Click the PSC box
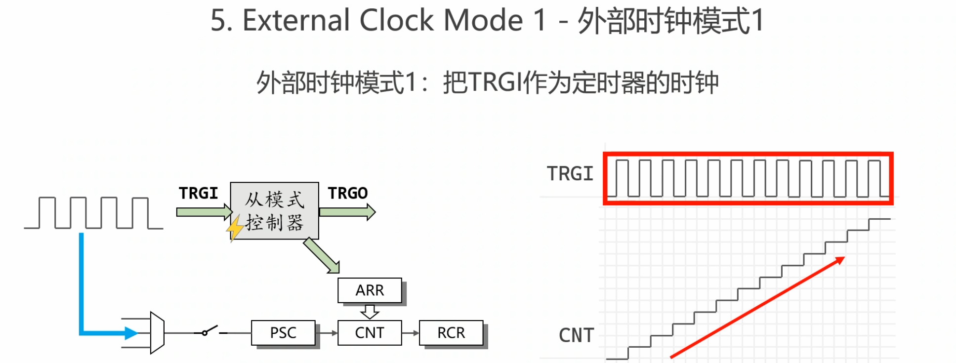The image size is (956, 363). coord(283,333)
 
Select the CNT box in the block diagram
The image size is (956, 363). coord(370,333)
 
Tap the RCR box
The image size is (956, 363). coord(451,333)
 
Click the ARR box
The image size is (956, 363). coord(370,290)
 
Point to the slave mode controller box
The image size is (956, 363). coord(275,211)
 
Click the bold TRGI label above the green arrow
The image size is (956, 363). coord(198,193)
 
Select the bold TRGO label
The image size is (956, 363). coord(348,193)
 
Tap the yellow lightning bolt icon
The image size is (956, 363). coord(234,228)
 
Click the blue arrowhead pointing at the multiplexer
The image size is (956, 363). coord(131,333)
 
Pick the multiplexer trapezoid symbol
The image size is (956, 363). coord(157,333)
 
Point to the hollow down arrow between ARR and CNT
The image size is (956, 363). coord(370,312)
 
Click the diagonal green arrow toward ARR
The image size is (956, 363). coord(322,255)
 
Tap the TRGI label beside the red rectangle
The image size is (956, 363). coord(570,174)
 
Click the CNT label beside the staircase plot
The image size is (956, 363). coord(576,335)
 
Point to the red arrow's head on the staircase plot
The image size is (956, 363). coord(839,260)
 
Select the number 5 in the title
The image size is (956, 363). coord(218,21)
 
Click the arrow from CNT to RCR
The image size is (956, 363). coord(411,333)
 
